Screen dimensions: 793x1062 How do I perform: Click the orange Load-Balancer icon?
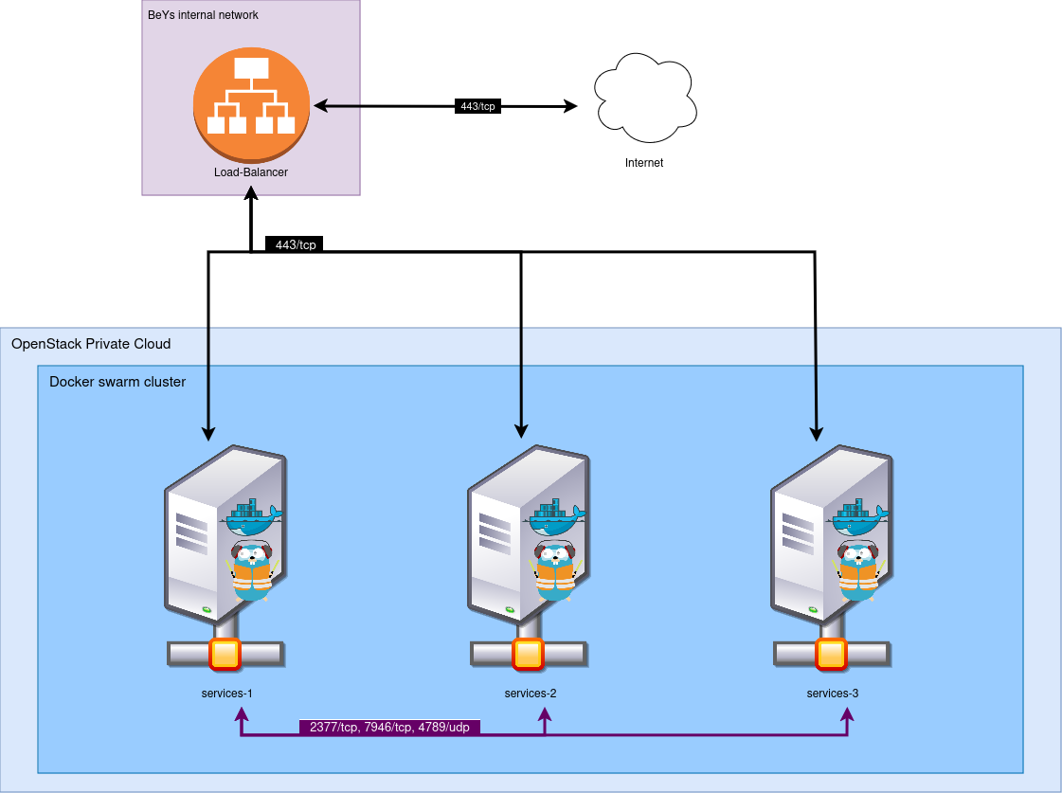(x=251, y=105)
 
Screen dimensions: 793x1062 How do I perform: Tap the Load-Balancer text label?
(x=251, y=172)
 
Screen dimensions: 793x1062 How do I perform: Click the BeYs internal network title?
(x=203, y=15)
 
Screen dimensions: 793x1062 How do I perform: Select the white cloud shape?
(x=645, y=99)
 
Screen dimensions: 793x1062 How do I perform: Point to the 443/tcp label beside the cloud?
(x=477, y=107)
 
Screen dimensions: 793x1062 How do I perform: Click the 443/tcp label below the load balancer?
(x=296, y=245)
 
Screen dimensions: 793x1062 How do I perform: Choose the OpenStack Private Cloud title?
(x=91, y=343)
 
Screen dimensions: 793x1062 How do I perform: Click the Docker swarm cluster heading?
(x=117, y=382)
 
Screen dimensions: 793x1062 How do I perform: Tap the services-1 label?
(x=227, y=694)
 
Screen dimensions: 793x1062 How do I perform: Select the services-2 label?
(x=531, y=694)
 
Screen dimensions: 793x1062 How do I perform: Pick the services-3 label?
(x=833, y=694)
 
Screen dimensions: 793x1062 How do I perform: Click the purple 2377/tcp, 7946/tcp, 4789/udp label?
(x=389, y=728)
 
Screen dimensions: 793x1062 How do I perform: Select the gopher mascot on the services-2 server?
(x=555, y=570)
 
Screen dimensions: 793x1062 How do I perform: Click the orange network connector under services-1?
(x=225, y=654)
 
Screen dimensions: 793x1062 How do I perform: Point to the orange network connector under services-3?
(x=831, y=654)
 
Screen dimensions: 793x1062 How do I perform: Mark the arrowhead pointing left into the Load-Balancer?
(x=320, y=106)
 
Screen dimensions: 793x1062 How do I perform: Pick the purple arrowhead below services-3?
(x=847, y=712)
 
